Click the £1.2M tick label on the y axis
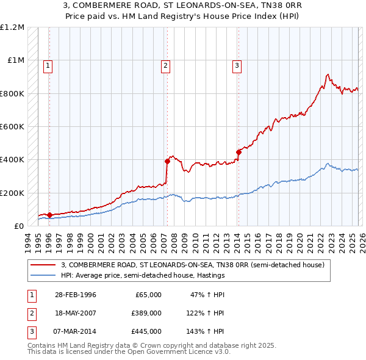(12, 27)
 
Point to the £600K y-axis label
(12, 127)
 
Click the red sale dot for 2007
(167, 162)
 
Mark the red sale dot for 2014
(239, 153)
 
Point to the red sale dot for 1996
(49, 215)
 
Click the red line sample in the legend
(45, 265)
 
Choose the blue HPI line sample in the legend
(45, 275)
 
